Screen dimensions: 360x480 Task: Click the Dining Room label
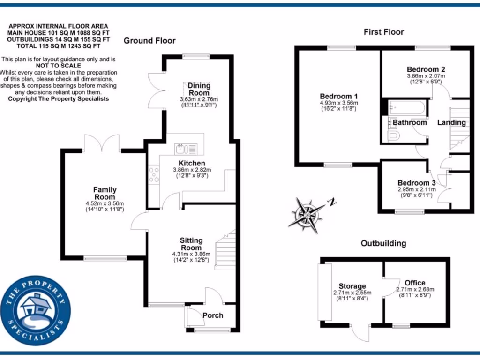point(199,89)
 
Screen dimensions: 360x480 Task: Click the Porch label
point(213,315)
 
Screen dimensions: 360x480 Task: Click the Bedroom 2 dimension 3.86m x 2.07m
point(426,76)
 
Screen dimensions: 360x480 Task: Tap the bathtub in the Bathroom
point(407,109)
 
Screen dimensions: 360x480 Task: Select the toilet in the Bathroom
point(394,136)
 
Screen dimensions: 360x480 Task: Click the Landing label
point(451,123)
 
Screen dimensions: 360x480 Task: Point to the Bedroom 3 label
point(417,183)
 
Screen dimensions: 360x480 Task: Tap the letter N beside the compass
point(332,202)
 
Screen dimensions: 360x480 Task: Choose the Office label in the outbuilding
point(415,283)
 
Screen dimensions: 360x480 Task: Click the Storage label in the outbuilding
point(352,286)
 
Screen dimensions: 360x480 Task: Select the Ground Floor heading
point(150,41)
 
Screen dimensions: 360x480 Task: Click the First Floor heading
point(383,32)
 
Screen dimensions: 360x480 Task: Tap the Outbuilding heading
point(383,243)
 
